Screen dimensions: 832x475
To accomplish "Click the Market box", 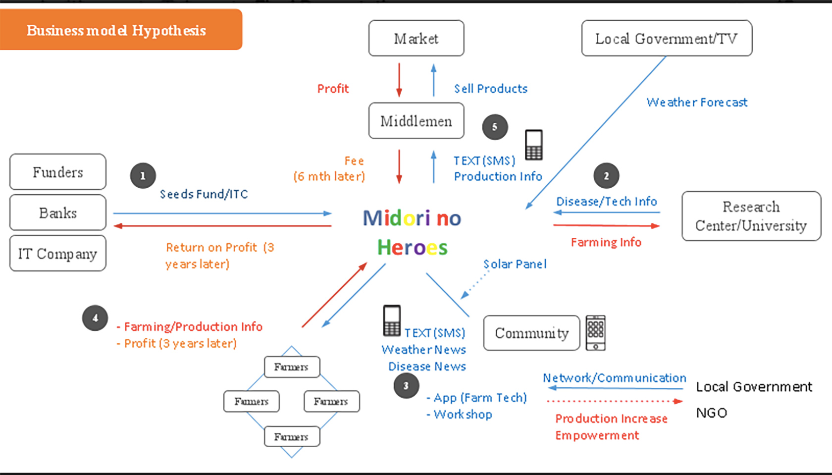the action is [x=416, y=38].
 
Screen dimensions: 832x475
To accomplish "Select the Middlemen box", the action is [x=416, y=121].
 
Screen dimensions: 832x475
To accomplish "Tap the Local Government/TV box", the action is [x=667, y=38].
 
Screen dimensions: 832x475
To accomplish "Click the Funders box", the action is [x=58, y=172].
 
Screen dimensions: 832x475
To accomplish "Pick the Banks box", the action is [x=58, y=212].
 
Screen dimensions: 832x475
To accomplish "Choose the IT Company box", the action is [x=58, y=253].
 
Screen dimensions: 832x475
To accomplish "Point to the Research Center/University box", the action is [x=751, y=216].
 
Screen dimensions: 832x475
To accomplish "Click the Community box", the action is [x=531, y=333].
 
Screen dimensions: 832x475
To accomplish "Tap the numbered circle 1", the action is [x=143, y=176].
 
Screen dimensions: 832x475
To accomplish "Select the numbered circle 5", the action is [x=495, y=127].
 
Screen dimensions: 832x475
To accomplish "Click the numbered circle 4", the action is [x=96, y=318].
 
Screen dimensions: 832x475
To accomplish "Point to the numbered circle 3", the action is [x=406, y=386].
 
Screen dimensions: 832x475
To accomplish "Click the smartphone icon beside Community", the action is [x=595, y=333].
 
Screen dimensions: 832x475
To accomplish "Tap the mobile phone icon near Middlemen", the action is [x=534, y=145].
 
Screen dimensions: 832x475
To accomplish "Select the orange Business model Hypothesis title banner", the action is [x=121, y=30].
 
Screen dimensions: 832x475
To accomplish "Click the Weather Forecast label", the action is [x=697, y=102].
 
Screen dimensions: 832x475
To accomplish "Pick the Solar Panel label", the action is [x=515, y=264].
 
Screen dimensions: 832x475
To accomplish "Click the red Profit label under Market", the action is [x=333, y=88].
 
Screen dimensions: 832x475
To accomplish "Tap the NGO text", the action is [x=711, y=413].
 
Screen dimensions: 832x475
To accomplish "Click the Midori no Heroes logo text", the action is [x=412, y=232].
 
